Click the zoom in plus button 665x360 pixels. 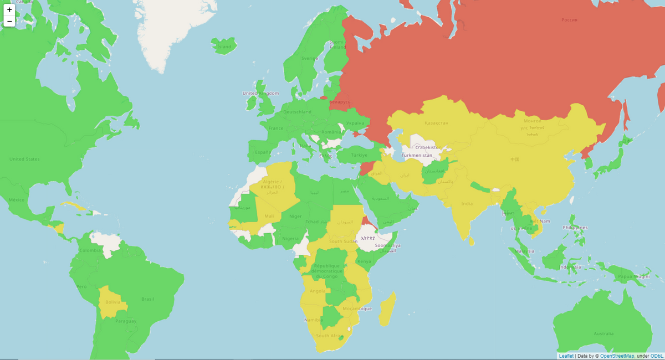tap(9, 9)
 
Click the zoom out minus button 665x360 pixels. tap(9, 21)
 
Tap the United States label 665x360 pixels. tap(24, 159)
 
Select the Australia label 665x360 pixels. tap(603, 333)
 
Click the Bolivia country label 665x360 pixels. tap(112, 302)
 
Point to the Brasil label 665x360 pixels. tap(147, 299)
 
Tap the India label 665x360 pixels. tap(467, 203)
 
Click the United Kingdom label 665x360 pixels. tap(258, 93)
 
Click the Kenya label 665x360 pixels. tap(364, 261)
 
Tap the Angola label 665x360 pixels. tap(318, 291)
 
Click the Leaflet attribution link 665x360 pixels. tap(566, 356)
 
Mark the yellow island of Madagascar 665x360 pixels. tap(387, 310)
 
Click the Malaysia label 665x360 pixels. tap(523, 250)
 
